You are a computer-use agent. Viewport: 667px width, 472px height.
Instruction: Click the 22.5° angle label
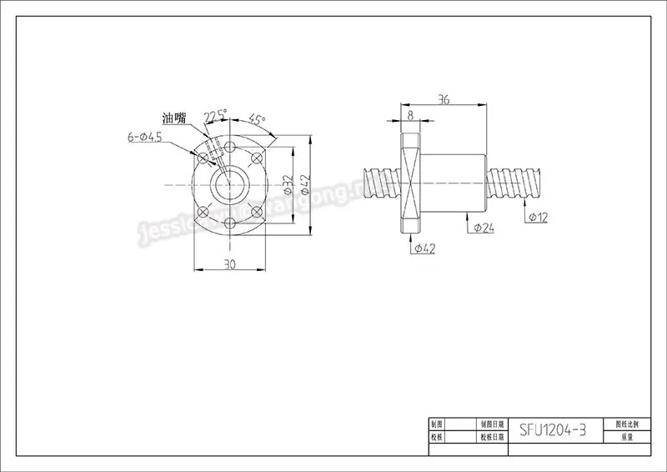[x=215, y=115]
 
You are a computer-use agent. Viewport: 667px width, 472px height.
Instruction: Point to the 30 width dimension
[x=230, y=264]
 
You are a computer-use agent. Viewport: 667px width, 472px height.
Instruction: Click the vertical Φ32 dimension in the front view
[x=287, y=182]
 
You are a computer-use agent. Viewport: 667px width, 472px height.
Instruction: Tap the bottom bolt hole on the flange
[x=229, y=221]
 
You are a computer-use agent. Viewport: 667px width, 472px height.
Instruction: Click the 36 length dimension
[x=444, y=100]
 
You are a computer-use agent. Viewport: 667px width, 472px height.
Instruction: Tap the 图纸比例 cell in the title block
[x=626, y=424]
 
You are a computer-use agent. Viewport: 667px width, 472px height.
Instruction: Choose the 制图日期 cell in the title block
[x=487, y=424]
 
